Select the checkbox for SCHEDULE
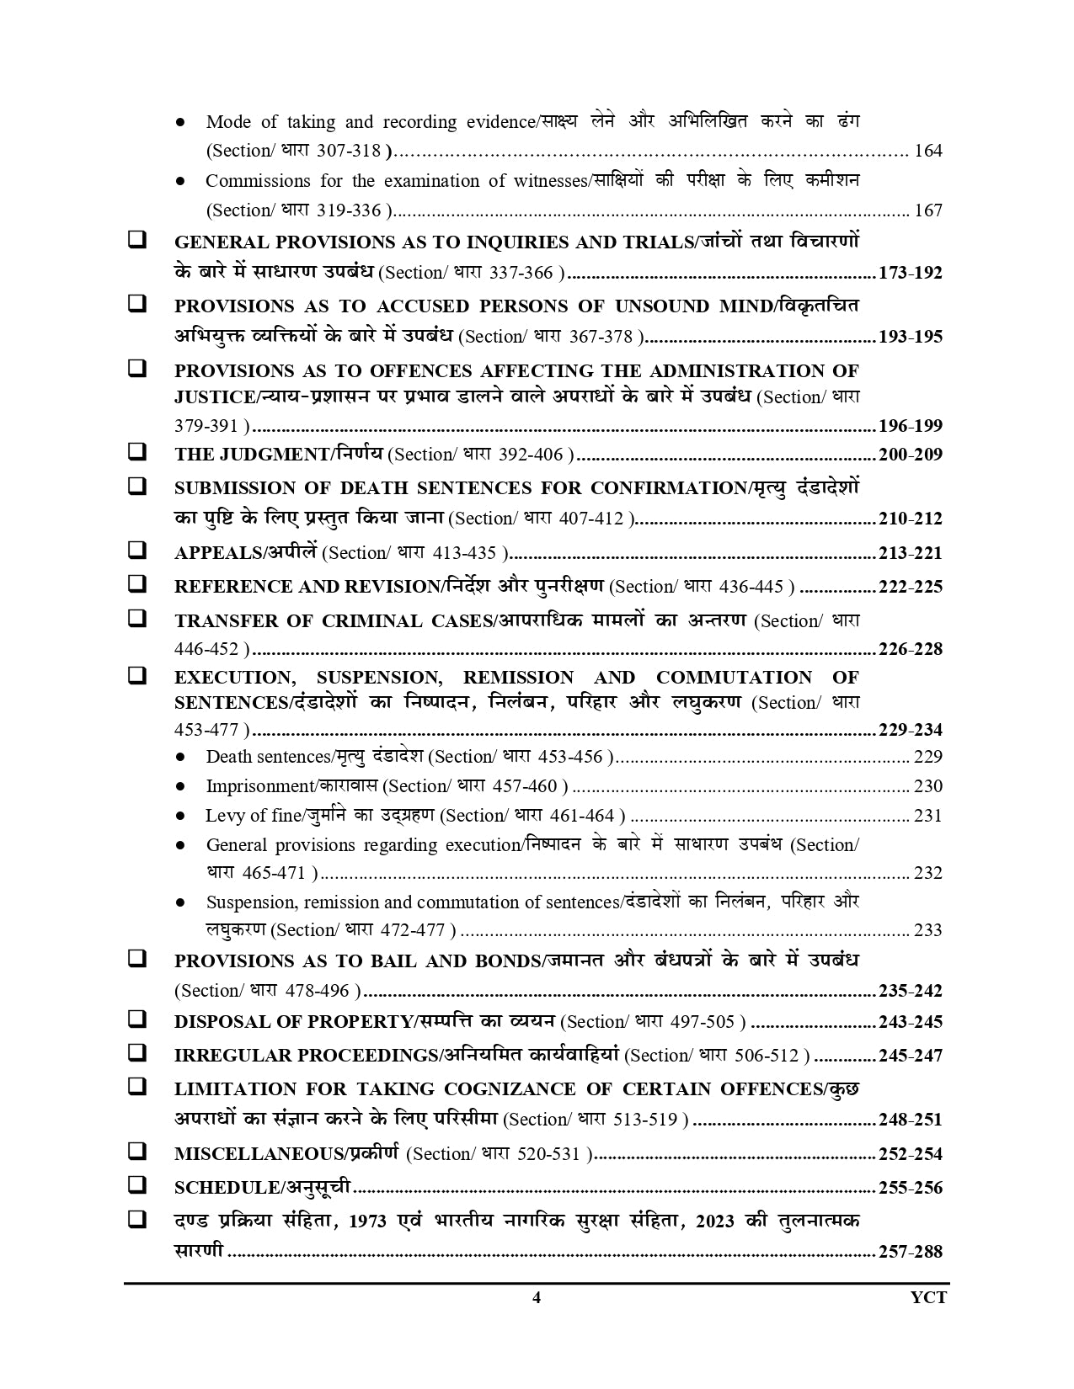pos(136,1185)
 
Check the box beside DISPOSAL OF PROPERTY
pos(136,1019)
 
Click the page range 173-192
pos(910,273)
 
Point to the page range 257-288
pos(910,1251)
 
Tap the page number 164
pos(928,152)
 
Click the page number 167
pos(928,210)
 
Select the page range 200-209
pos(910,455)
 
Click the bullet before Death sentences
pos(180,757)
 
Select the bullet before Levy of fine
pos(180,816)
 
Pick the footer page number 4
pos(537,1297)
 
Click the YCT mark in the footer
pos(928,1297)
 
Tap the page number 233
pos(928,930)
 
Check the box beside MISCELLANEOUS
pos(136,1152)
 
